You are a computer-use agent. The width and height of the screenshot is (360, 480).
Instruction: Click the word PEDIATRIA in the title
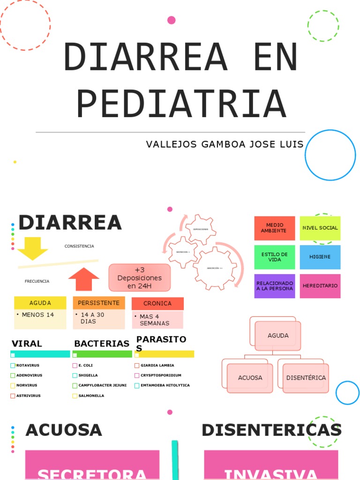click(x=181, y=104)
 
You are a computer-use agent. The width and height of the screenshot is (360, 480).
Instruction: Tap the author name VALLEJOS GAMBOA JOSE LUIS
click(x=225, y=144)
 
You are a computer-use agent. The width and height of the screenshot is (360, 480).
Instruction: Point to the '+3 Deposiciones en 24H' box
click(x=140, y=277)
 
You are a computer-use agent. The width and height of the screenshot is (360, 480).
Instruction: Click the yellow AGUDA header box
click(x=40, y=303)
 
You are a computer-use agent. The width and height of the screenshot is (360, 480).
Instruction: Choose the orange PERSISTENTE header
click(x=99, y=303)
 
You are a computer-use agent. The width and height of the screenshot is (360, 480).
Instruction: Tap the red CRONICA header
click(x=157, y=303)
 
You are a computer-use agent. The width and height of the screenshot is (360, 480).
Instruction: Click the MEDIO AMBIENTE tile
click(x=274, y=228)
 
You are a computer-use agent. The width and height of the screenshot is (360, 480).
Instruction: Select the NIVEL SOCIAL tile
click(x=320, y=228)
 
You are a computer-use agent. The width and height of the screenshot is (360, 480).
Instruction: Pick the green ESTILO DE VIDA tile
click(x=274, y=257)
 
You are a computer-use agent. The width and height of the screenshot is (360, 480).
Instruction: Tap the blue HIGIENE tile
click(x=320, y=257)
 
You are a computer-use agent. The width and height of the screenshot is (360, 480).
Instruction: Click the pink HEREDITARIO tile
click(x=320, y=286)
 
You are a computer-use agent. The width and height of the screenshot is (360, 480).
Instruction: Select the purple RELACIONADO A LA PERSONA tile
click(x=274, y=286)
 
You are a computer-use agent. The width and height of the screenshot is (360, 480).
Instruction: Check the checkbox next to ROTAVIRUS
click(x=13, y=366)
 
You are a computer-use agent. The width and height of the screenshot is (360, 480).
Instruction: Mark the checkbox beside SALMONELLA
click(x=75, y=396)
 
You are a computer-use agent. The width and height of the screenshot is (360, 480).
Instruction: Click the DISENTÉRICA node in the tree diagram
click(x=306, y=378)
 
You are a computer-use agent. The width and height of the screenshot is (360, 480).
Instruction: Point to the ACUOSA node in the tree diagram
click(x=250, y=378)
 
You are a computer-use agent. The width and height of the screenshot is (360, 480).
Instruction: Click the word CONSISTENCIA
click(x=79, y=246)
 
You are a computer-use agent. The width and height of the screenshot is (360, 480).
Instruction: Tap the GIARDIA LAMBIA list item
click(x=157, y=366)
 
